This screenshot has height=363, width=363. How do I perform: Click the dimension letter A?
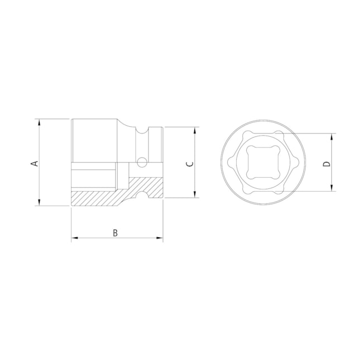click(x=34, y=163)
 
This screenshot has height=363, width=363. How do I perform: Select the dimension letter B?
click(x=115, y=233)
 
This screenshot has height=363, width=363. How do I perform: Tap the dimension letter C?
click(x=189, y=164)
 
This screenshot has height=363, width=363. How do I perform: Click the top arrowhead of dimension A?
click(x=39, y=121)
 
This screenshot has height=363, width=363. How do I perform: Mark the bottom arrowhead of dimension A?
click(x=39, y=203)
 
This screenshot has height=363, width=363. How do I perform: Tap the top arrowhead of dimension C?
click(x=195, y=130)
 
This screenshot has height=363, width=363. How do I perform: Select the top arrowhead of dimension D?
click(x=333, y=136)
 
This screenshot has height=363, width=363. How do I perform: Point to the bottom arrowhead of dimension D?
click(x=333, y=188)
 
